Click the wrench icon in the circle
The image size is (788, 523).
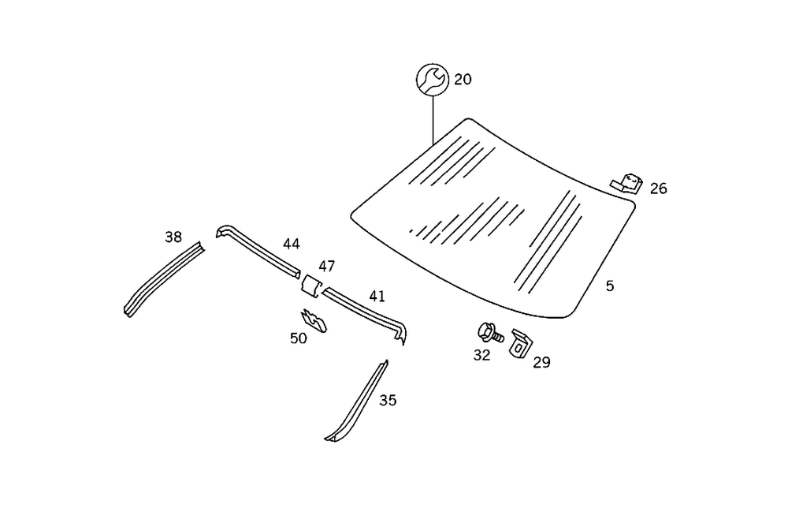(432, 79)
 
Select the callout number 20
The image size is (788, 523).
(463, 80)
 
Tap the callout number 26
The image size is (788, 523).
(658, 189)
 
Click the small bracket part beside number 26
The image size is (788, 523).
(627, 183)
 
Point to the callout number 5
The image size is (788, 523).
(610, 286)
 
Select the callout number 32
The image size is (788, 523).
(481, 355)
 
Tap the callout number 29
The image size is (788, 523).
(541, 363)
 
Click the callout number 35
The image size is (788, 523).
(388, 400)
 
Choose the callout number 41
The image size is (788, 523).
(377, 296)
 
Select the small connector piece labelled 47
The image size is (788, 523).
(310, 286)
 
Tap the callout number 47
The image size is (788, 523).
(327, 266)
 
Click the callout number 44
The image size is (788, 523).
(292, 244)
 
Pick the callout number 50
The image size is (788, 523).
(299, 338)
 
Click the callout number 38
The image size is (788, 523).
(173, 236)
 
